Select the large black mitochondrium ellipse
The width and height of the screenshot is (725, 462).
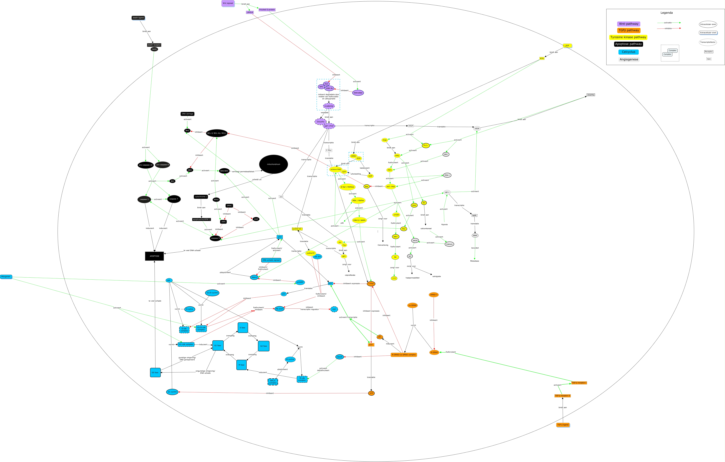(273, 164)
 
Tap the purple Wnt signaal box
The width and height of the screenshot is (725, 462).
(228, 3)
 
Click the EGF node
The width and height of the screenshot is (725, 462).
(567, 45)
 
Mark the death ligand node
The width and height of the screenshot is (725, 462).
(138, 18)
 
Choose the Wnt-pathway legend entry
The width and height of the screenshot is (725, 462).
(628, 24)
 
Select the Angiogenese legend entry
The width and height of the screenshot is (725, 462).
(629, 59)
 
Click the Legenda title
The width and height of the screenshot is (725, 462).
(666, 13)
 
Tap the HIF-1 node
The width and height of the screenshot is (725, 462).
(447, 192)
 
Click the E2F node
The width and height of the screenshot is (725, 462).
(334, 309)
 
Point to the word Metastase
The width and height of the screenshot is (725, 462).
(475, 261)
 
